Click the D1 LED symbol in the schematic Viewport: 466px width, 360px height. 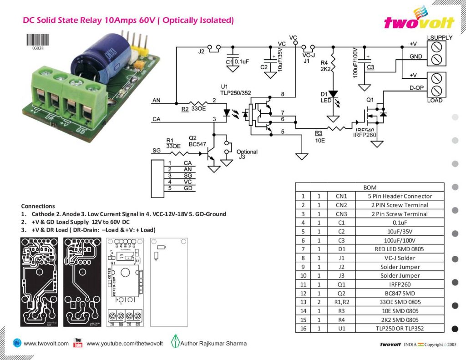pos(333,95)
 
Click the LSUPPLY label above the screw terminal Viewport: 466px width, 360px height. pos(440,37)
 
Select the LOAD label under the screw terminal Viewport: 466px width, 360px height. pos(435,100)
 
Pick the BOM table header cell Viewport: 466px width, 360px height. pos(369,187)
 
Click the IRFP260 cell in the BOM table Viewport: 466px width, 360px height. pos(400,284)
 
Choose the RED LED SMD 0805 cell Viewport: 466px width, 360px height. pos(400,249)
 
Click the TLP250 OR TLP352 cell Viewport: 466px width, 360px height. pos(400,329)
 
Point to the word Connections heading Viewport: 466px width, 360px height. pos(38,206)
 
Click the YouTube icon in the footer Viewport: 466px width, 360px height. pos(78,343)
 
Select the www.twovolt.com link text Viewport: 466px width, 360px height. pos(46,344)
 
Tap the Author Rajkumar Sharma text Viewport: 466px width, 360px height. pos(213,343)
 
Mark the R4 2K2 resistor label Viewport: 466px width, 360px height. pos(325,66)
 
